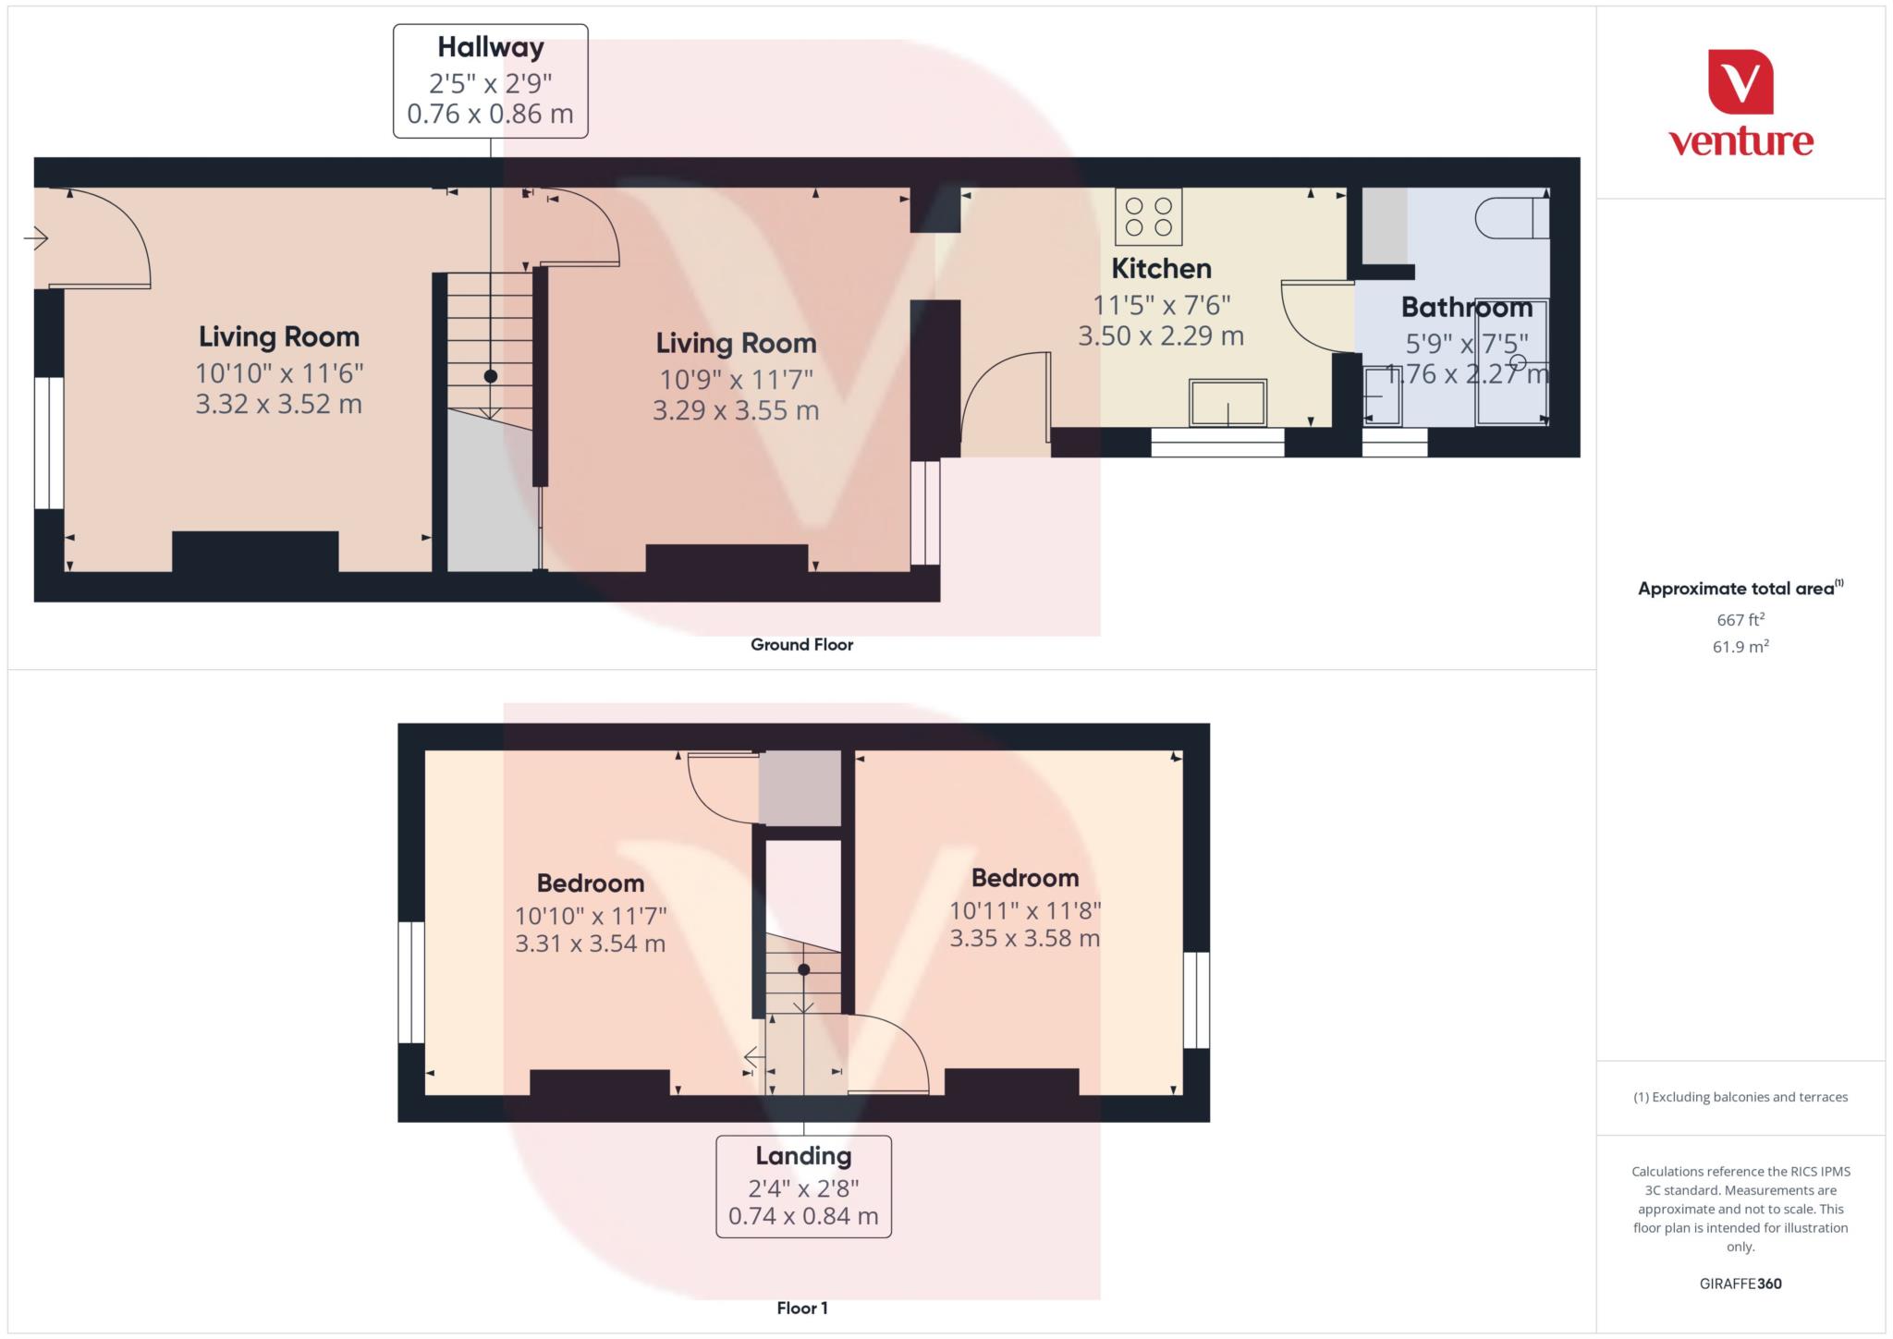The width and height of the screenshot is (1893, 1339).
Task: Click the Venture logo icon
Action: [1740, 81]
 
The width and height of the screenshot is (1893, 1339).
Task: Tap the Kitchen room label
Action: [1161, 269]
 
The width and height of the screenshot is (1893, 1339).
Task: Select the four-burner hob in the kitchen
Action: [1148, 216]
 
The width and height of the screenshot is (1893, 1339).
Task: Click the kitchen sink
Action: [1227, 404]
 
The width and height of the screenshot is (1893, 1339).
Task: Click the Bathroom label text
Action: [1466, 308]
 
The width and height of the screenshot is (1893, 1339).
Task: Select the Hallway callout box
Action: [490, 81]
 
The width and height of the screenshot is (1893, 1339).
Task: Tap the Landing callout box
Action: [803, 1186]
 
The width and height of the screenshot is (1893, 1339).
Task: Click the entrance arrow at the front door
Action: [36, 239]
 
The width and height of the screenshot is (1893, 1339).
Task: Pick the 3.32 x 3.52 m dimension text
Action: [278, 405]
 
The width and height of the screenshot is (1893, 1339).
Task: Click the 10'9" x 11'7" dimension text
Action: [736, 380]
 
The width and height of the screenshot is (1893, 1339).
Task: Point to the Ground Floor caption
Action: [801, 645]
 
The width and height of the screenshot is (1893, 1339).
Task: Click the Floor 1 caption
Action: [801, 1309]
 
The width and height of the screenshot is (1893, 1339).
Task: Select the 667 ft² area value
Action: [1740, 619]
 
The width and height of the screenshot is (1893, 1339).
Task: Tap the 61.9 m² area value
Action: [1740, 647]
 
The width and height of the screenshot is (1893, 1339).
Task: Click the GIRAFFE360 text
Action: [1740, 1284]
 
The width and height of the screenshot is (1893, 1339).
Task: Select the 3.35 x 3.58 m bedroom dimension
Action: [1024, 939]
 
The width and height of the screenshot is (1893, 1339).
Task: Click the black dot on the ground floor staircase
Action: [491, 376]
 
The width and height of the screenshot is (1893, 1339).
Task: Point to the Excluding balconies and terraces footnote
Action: [1740, 1097]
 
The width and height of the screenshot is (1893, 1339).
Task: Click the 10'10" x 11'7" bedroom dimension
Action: [591, 916]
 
